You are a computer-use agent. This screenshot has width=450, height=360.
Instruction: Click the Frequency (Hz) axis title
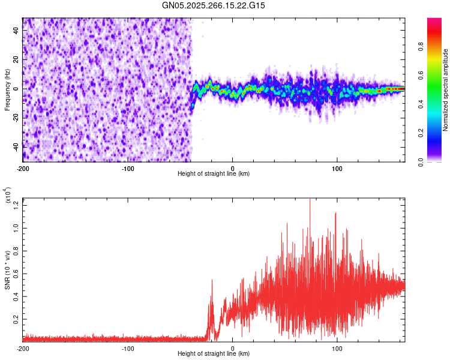7,89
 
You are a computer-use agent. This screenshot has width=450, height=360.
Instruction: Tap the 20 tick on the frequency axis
16,60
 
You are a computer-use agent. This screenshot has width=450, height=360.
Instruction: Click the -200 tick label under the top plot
23,167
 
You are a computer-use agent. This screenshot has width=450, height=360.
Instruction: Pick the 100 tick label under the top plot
337,167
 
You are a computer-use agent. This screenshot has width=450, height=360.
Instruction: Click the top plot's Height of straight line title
214,173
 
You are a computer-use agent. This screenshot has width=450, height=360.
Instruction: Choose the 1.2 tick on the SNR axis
16,204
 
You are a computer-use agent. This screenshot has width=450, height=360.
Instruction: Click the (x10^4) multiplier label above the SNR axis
8,195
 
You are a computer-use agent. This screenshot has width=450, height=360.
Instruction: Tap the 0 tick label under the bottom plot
232,348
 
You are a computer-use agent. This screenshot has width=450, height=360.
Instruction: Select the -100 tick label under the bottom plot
127,348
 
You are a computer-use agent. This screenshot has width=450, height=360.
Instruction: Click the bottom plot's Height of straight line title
214,354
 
